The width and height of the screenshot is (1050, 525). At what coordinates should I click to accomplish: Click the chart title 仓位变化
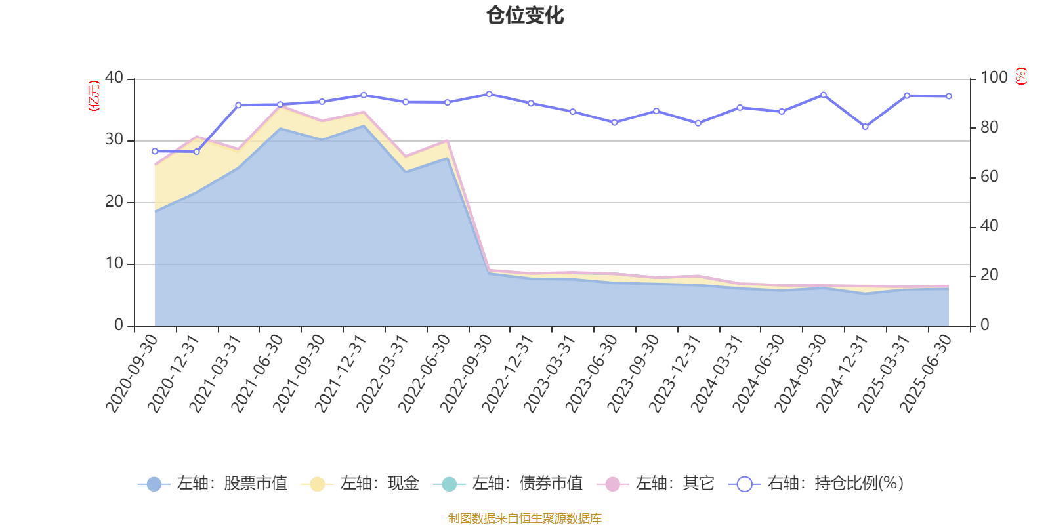[525, 15]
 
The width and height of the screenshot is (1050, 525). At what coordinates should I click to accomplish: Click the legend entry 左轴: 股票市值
[213, 484]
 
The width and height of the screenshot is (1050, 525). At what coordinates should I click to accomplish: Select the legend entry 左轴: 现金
[360, 484]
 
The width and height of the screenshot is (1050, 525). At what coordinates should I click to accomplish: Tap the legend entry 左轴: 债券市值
[508, 484]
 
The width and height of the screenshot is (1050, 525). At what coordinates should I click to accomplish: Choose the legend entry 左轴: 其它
[656, 484]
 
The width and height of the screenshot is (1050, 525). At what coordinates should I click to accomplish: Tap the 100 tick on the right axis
[994, 77]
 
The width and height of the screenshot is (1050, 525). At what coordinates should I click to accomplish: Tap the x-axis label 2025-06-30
[926, 373]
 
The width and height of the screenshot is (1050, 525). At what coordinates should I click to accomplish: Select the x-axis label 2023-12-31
[675, 373]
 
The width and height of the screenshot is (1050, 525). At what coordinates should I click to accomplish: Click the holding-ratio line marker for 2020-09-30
[155, 151]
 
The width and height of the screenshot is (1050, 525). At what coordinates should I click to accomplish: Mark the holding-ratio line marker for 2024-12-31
[865, 127]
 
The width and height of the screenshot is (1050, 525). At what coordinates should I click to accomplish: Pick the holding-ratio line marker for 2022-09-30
[489, 94]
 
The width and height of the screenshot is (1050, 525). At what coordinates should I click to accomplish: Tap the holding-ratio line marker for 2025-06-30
[948, 96]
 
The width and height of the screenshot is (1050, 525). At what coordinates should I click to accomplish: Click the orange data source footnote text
[524, 518]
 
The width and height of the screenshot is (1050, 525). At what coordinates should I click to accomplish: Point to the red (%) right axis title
[1020, 77]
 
